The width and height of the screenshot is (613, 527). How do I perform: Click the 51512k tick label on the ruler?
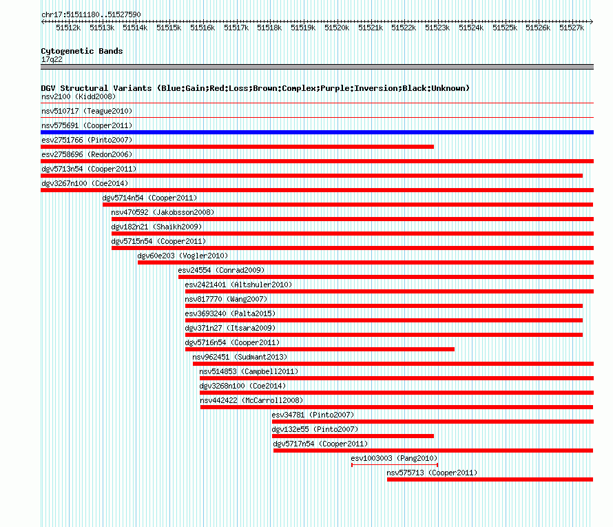68,28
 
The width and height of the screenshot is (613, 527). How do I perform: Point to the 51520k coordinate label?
337,28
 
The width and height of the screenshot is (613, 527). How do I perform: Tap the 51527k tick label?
572,28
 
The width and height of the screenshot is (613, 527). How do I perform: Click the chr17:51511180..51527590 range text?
91,14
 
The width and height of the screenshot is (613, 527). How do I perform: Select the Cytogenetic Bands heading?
82,51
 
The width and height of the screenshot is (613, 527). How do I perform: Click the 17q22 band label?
52,59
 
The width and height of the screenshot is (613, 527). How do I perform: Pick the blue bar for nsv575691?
317,132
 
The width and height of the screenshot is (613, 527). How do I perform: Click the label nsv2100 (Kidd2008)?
79,96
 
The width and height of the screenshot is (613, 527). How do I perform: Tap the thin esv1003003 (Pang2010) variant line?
395,465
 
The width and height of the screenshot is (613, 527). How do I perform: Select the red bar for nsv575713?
490,479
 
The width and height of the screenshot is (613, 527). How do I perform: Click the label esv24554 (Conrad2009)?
221,270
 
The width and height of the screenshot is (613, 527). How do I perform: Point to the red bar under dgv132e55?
353,436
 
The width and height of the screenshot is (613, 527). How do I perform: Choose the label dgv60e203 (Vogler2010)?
183,256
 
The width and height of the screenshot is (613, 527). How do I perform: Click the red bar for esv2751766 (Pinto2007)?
238,147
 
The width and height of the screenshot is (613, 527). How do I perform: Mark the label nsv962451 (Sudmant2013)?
240,357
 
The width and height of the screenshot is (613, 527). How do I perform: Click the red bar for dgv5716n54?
320,349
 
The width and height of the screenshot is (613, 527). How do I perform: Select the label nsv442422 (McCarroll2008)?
252,400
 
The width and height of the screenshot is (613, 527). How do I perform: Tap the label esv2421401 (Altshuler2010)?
238,285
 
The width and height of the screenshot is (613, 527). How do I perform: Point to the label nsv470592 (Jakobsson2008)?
163,212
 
